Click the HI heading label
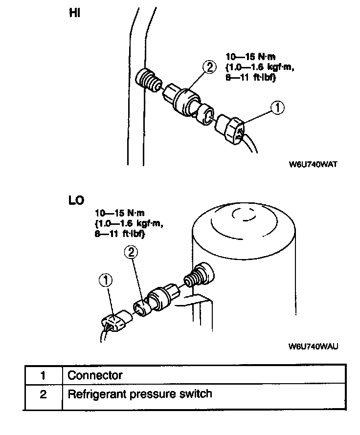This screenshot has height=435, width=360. pos(74,14)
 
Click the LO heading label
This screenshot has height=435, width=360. pos(76,201)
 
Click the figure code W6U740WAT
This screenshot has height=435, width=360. pos(314,165)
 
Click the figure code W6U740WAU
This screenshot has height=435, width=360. pos(314,346)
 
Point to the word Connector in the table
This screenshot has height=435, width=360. pos(95,375)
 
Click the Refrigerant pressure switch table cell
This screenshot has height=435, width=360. pos(140,393)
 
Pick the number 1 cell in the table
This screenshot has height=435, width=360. pos(43,375)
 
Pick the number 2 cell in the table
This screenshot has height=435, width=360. pos(43,394)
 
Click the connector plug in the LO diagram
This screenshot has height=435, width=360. pos(115,323)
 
